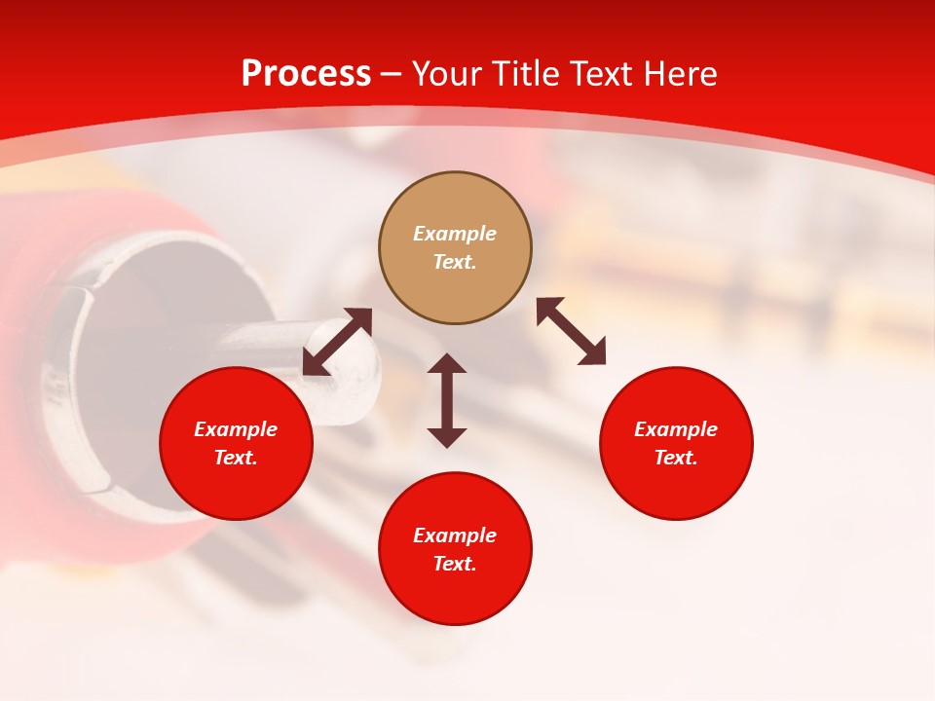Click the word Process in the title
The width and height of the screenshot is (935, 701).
tap(306, 74)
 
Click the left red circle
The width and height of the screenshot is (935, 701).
tap(236, 487)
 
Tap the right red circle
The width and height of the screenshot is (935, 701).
tap(676, 487)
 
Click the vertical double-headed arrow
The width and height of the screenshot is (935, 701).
tap(447, 400)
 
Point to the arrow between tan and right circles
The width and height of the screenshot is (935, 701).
tap(572, 332)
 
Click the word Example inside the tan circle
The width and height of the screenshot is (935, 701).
tap(455, 234)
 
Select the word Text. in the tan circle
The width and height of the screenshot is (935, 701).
tap(455, 262)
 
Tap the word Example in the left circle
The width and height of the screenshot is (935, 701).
tap(236, 429)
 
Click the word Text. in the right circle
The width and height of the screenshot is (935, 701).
tap(676, 458)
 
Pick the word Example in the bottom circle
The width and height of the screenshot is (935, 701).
tap(455, 535)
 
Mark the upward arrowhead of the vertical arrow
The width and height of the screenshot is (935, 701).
tap(447, 363)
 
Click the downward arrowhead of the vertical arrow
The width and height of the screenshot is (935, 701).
tap(447, 437)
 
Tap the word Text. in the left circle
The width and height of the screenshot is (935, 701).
tap(236, 458)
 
